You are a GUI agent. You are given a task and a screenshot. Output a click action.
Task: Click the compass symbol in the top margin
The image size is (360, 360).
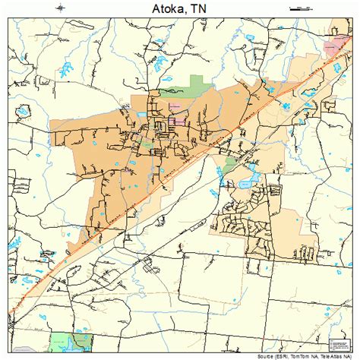(60, 7)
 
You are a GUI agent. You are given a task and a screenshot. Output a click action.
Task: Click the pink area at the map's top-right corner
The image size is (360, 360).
(333, 47)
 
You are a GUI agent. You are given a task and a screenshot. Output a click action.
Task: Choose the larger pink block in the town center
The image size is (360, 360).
(178, 120)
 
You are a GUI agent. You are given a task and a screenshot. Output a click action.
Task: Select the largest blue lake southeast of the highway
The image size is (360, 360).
(245, 182)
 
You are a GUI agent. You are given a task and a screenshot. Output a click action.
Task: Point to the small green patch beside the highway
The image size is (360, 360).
(226, 161)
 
